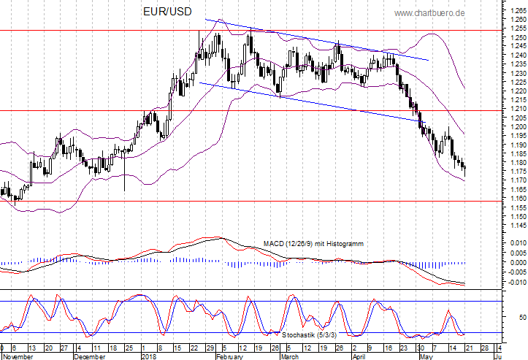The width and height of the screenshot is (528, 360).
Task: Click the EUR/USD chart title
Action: (x=167, y=13)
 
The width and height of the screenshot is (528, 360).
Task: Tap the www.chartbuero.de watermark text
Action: (x=451, y=13)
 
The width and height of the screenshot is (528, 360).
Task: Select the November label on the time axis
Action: (x=18, y=357)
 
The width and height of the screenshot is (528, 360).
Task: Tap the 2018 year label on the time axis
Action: (x=149, y=357)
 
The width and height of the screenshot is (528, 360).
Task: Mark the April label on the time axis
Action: (x=359, y=357)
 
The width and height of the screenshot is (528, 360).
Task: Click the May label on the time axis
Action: (x=424, y=357)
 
